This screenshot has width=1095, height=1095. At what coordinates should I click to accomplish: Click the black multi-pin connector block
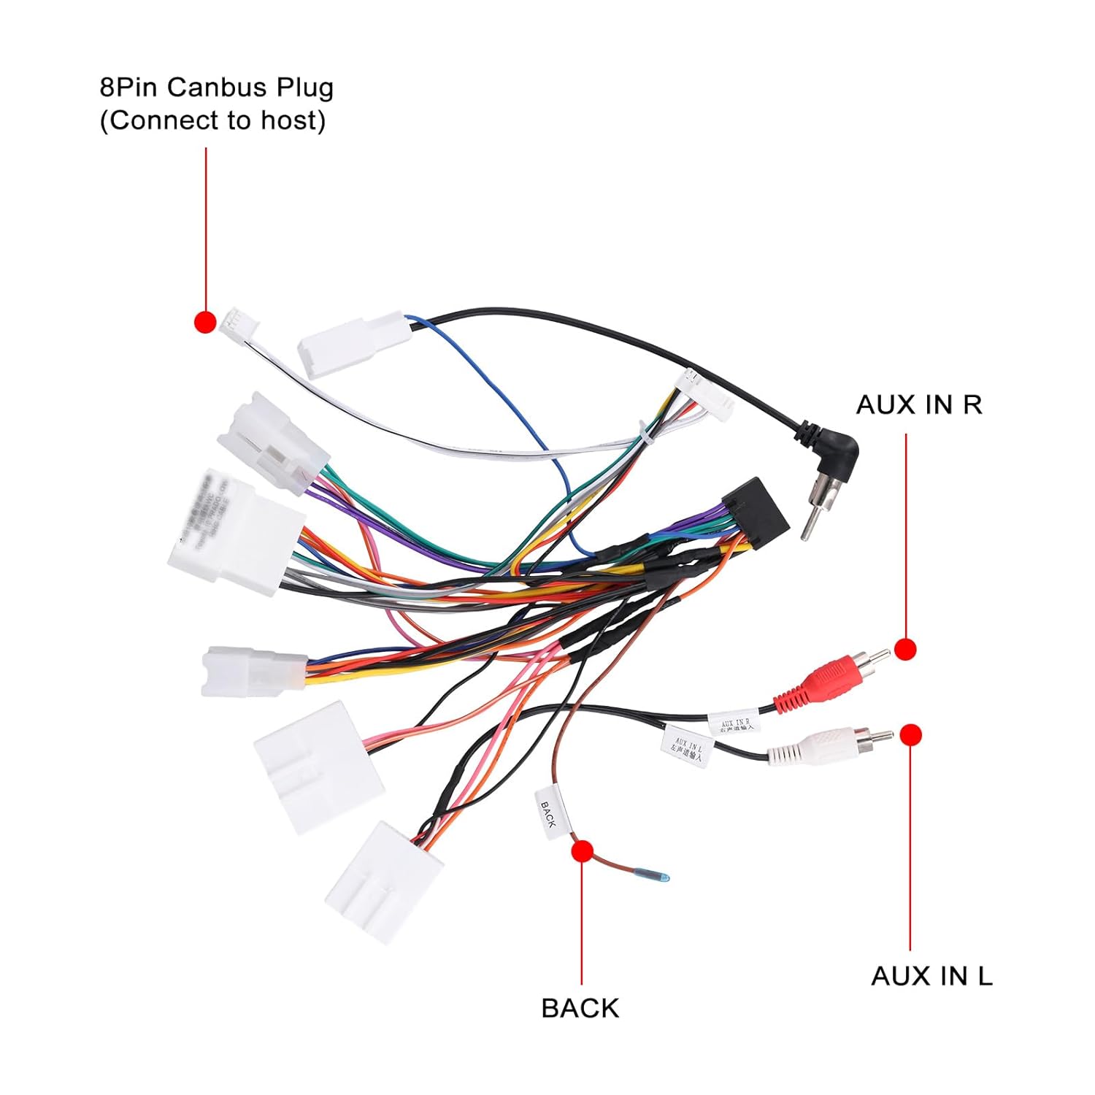pyautogui.click(x=756, y=512)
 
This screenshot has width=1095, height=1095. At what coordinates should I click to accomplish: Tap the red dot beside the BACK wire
pyautogui.click(x=582, y=851)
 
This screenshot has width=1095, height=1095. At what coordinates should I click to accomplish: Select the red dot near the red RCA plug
pyautogui.click(x=905, y=649)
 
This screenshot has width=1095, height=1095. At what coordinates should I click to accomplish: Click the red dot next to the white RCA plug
pyautogui.click(x=910, y=735)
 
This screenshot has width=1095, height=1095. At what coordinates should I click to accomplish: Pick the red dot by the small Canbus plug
pyautogui.click(x=205, y=321)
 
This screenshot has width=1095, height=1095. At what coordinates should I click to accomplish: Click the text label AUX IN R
pyautogui.click(x=919, y=404)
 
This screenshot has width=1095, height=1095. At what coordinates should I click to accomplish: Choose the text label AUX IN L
pyautogui.click(x=931, y=976)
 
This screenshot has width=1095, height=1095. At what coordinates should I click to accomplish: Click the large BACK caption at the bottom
pyautogui.click(x=580, y=1008)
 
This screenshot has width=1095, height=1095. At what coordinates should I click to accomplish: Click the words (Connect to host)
pyautogui.click(x=212, y=120)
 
